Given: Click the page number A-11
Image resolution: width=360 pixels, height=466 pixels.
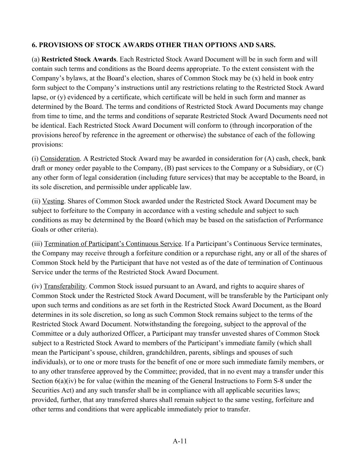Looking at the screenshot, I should (x=180, y=441).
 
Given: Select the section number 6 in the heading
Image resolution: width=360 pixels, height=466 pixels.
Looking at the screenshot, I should (x=33, y=45).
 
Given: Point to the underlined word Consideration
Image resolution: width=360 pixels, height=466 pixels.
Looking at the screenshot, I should (x=60, y=158).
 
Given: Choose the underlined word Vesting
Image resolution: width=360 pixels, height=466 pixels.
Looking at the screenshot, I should (x=53, y=201).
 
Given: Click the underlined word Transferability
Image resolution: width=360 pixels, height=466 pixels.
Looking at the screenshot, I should (x=64, y=286).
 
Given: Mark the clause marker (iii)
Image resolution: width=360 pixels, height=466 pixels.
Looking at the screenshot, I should (x=37, y=244).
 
